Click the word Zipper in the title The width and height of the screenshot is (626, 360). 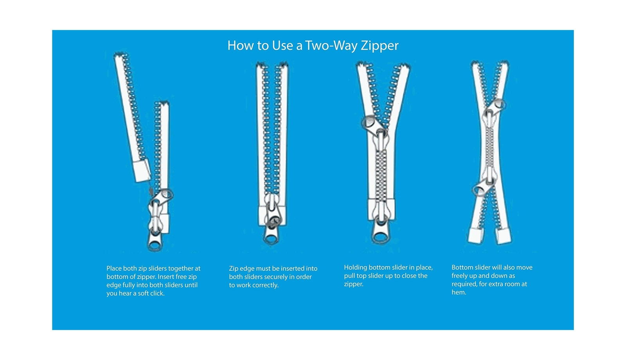tap(380, 45)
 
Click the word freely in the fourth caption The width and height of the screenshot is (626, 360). tap(460, 276)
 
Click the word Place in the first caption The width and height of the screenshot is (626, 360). tap(114, 268)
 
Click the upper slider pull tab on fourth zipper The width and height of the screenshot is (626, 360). tap(496, 106)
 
